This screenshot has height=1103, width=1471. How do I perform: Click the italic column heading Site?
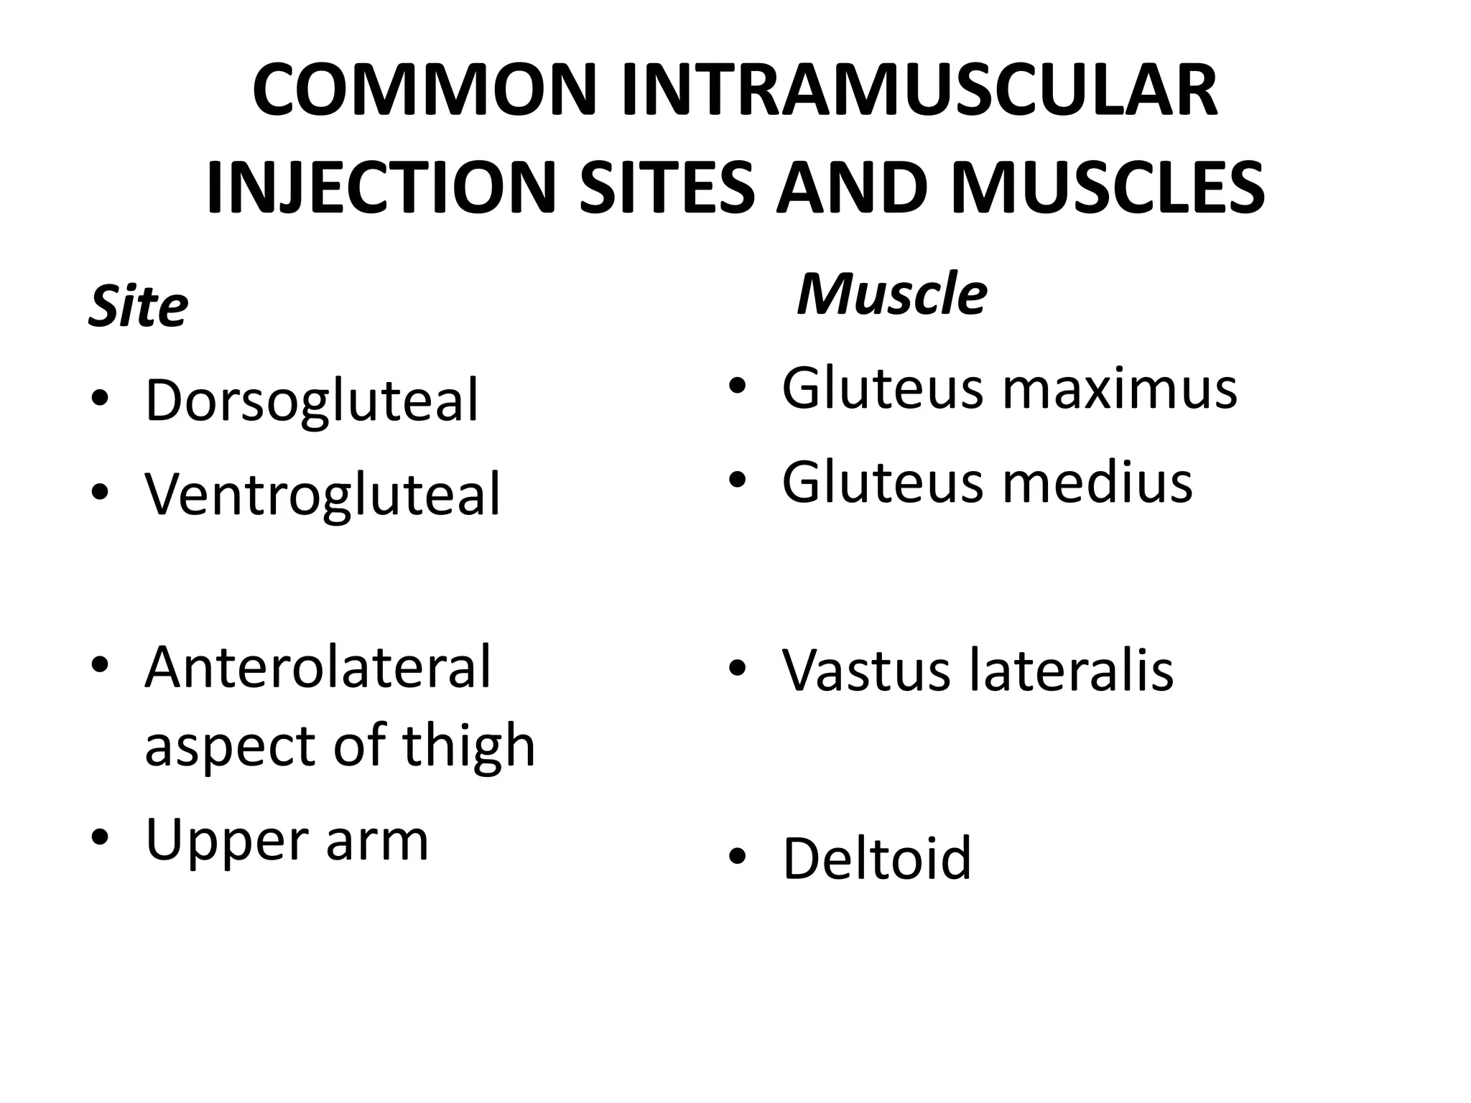click(138, 307)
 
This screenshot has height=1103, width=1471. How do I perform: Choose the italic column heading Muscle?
click(891, 294)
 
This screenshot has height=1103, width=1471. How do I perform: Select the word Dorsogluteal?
click(311, 401)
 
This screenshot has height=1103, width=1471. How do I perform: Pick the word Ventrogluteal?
click(322, 494)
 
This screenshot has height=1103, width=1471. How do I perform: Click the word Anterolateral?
click(317, 668)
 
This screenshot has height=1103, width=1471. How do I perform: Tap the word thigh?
click(468, 745)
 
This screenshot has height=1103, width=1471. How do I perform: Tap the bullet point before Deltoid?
click(737, 857)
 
